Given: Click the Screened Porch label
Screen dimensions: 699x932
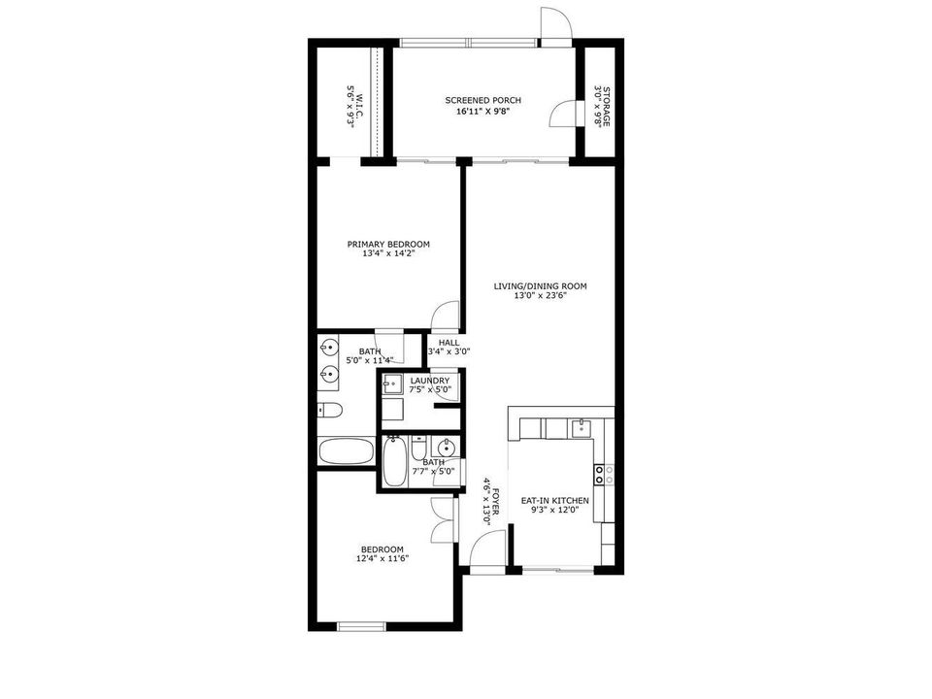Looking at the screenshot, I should (483, 101).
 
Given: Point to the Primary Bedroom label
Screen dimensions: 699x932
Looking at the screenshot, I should (388, 245).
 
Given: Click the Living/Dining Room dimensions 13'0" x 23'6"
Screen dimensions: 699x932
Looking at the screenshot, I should (540, 297).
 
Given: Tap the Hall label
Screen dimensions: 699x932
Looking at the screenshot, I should (449, 343).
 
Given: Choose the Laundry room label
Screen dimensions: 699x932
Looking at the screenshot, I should (429, 381).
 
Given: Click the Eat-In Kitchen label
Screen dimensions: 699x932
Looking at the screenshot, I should (555, 500).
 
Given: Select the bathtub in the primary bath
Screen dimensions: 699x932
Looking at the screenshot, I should (346, 452).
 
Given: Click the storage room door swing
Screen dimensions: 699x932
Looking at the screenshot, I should (563, 115).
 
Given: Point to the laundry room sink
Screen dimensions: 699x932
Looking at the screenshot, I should (392, 383).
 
